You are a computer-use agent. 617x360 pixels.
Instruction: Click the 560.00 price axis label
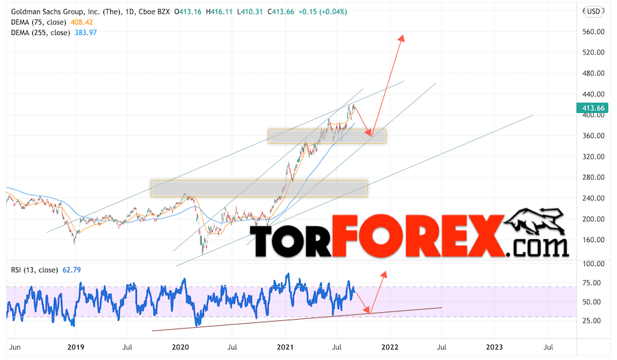click(594, 31)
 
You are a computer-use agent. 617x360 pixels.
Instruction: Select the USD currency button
click(592, 11)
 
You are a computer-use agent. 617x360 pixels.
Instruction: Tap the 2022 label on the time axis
click(390, 348)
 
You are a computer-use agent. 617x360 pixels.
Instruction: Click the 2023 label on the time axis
click(494, 348)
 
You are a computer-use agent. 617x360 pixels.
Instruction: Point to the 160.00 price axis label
click(594, 240)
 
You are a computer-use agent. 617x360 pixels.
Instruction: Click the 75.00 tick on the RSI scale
click(591, 283)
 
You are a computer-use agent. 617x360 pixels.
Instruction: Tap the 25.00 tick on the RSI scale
click(591, 320)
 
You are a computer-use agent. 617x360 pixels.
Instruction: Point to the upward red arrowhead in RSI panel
click(384, 272)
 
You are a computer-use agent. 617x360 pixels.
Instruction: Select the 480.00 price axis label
click(594, 73)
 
